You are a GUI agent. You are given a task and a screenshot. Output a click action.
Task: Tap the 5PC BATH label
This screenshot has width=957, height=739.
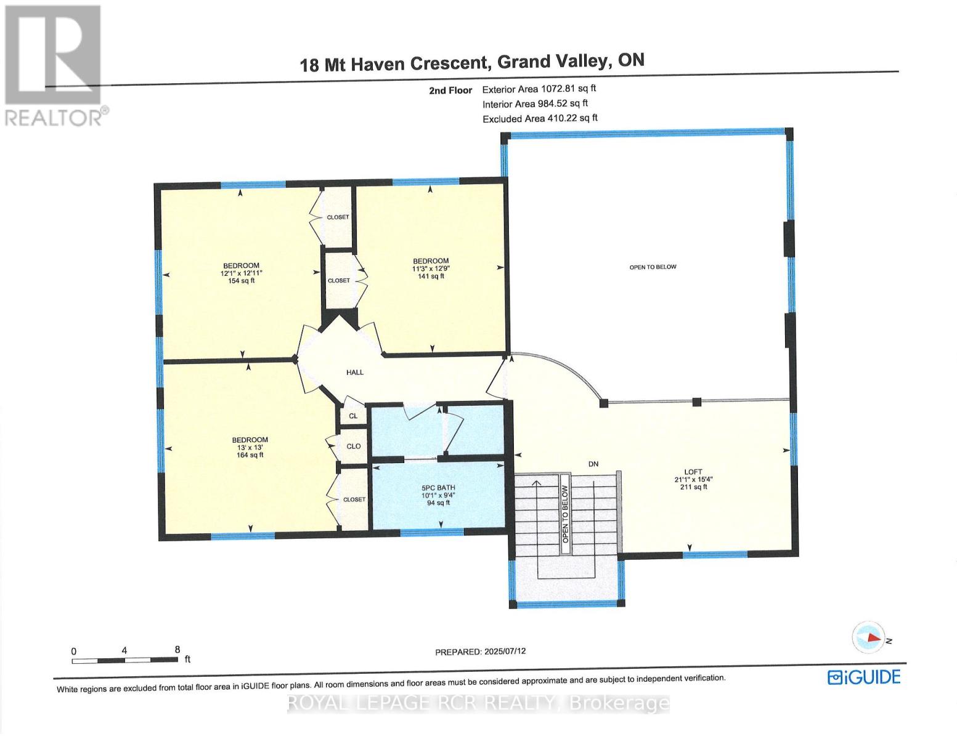(438, 488)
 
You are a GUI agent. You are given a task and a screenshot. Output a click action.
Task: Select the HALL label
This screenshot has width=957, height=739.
(354, 373)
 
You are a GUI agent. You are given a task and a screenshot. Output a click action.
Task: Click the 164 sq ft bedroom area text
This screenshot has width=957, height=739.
(250, 454)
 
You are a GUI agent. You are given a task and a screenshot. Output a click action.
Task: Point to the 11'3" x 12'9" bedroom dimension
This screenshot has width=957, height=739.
(430, 269)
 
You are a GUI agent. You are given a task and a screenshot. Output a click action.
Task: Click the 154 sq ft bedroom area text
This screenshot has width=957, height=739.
(241, 280)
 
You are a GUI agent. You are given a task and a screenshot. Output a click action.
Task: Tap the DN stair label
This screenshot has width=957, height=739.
(593, 464)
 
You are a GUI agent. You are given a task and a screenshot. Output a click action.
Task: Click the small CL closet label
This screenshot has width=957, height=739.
(353, 416)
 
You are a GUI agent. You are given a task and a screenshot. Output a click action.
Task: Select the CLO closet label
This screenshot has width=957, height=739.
(353, 446)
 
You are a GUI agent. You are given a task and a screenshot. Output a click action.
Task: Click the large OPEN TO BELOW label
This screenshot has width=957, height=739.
(653, 267)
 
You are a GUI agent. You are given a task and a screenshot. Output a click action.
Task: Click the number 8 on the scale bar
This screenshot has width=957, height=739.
(177, 650)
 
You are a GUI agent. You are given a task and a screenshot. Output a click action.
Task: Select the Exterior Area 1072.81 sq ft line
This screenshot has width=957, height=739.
(539, 89)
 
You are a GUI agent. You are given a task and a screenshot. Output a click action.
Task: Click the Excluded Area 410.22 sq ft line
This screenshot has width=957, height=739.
(540, 118)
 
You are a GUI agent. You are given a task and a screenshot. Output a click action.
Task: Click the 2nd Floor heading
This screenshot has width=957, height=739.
(450, 91)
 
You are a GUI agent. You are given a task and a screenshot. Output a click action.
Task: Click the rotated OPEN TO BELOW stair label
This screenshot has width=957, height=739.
(566, 514)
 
